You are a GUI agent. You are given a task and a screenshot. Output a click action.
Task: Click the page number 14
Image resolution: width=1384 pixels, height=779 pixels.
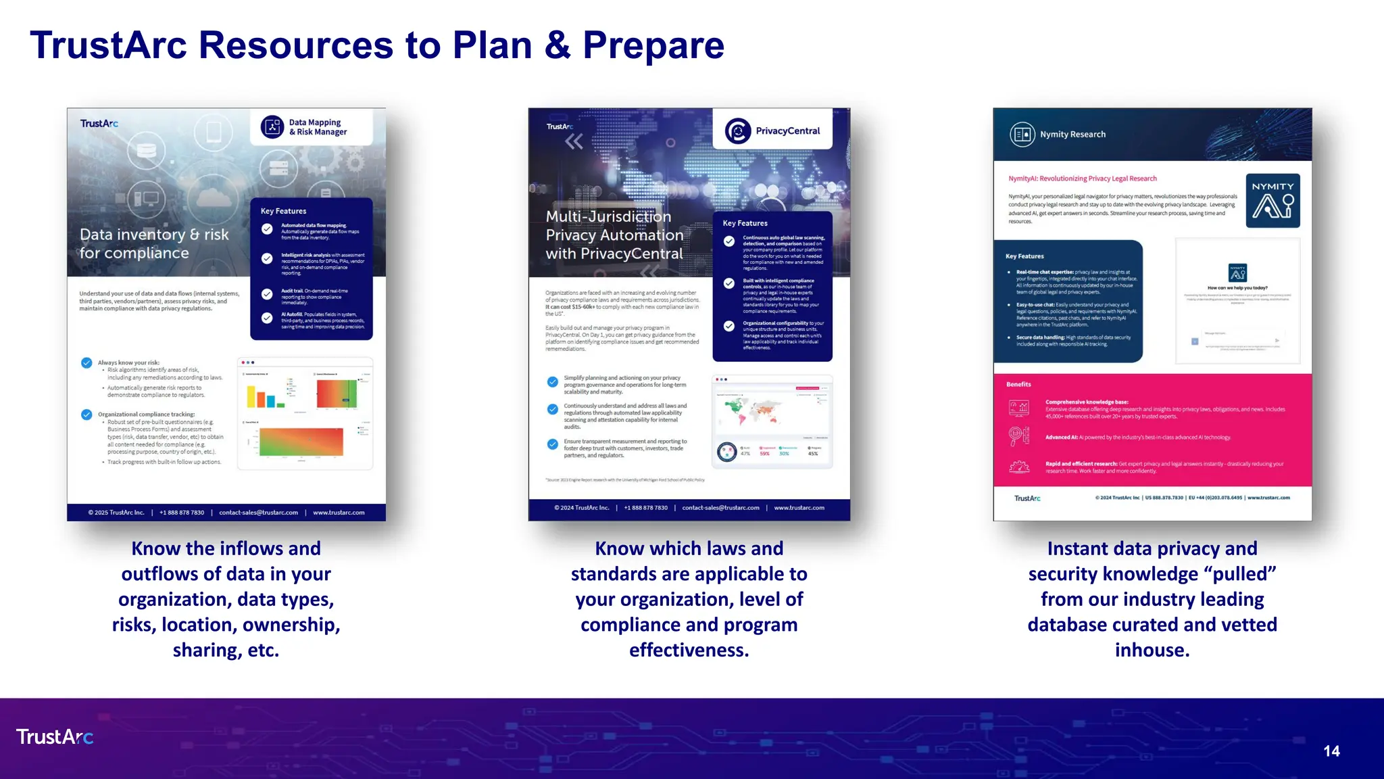1331,751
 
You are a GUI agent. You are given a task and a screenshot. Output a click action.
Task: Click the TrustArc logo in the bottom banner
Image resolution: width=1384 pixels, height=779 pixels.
55,736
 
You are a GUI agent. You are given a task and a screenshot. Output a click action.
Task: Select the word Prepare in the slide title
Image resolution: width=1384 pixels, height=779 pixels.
653,45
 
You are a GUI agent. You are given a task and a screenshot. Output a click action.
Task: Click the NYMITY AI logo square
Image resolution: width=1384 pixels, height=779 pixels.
1272,200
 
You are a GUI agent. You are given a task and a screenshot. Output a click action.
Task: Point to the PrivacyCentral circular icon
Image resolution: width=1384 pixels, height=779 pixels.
737,131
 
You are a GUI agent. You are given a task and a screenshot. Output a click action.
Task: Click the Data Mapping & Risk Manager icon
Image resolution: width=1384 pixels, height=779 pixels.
272,126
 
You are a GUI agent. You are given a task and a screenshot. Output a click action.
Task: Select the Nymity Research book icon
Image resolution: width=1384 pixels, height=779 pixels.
1022,134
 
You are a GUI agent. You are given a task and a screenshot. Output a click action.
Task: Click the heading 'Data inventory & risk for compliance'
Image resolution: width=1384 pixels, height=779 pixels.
154,243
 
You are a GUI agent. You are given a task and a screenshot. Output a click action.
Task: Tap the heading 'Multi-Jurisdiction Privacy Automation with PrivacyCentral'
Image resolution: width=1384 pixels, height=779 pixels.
614,235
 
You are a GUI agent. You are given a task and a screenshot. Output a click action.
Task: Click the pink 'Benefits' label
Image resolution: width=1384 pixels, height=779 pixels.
1018,384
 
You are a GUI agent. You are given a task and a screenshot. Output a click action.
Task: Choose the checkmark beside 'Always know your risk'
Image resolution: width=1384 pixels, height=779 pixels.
86,362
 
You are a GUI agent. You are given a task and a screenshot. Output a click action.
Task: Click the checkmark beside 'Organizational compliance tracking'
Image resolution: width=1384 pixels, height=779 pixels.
86,415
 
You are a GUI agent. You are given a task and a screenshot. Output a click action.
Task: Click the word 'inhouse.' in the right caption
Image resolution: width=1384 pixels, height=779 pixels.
1152,650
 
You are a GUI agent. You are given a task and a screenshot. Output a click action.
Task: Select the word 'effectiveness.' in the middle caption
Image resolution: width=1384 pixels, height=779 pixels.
689,650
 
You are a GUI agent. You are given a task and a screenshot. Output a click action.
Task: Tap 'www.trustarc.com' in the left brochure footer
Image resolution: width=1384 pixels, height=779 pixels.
339,513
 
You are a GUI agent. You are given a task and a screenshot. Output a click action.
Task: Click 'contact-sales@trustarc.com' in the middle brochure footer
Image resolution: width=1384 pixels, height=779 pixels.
720,508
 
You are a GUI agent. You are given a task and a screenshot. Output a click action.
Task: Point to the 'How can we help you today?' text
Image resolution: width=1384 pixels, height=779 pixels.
1237,287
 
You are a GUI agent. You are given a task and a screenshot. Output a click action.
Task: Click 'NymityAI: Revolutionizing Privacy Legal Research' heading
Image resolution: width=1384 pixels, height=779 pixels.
1083,179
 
